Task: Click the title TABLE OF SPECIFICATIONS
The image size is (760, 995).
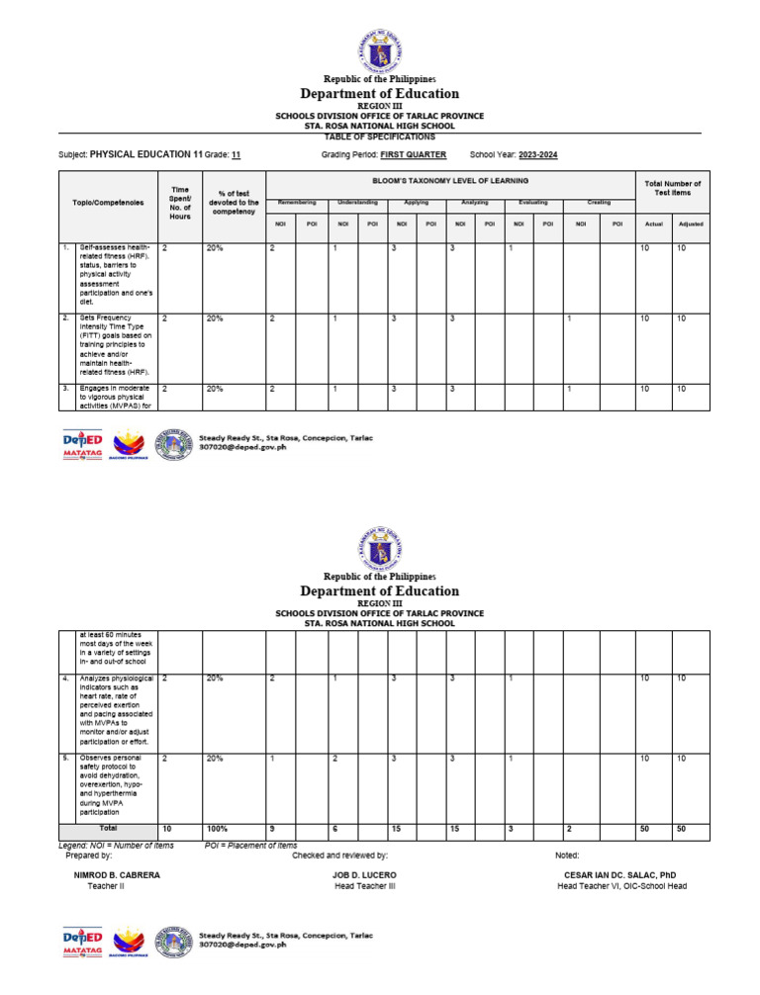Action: (379, 136)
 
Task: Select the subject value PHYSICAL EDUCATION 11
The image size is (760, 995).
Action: (145, 155)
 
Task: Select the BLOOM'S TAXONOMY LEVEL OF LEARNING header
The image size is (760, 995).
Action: (450, 180)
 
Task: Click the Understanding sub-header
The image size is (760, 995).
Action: (357, 202)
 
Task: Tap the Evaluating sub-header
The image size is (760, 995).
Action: (532, 202)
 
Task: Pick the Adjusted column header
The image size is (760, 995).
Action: (690, 225)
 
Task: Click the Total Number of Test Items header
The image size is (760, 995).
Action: (672, 188)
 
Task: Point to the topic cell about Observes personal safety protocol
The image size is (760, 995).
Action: (115, 786)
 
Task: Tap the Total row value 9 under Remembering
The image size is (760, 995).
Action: (273, 828)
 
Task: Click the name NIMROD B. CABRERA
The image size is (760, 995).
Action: (117, 875)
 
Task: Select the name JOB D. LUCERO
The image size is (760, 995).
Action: (364, 875)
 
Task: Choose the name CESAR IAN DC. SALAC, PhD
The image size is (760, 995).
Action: (621, 875)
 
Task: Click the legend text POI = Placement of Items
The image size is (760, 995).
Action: (250, 846)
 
